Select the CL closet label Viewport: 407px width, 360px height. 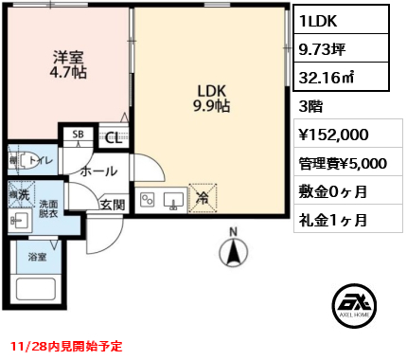(112, 136)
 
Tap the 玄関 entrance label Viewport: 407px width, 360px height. (113, 203)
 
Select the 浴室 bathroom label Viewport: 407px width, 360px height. (36, 257)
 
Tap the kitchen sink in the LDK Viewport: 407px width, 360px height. (174, 199)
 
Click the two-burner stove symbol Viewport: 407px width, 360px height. (148, 199)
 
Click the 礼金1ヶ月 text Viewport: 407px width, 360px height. (333, 220)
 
